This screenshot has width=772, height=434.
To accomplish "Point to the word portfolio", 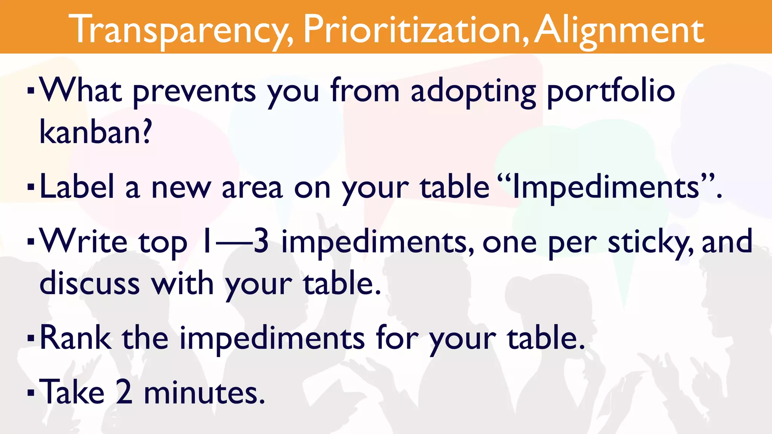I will click(x=611, y=92).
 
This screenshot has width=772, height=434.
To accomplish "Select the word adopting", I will click(x=473, y=92).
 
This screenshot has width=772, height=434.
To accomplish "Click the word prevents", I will click(x=194, y=92).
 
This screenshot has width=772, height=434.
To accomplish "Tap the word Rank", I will click(x=75, y=338).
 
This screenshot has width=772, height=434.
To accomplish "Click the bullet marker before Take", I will click(x=31, y=393).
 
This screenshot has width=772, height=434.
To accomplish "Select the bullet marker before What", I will click(x=31, y=91).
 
